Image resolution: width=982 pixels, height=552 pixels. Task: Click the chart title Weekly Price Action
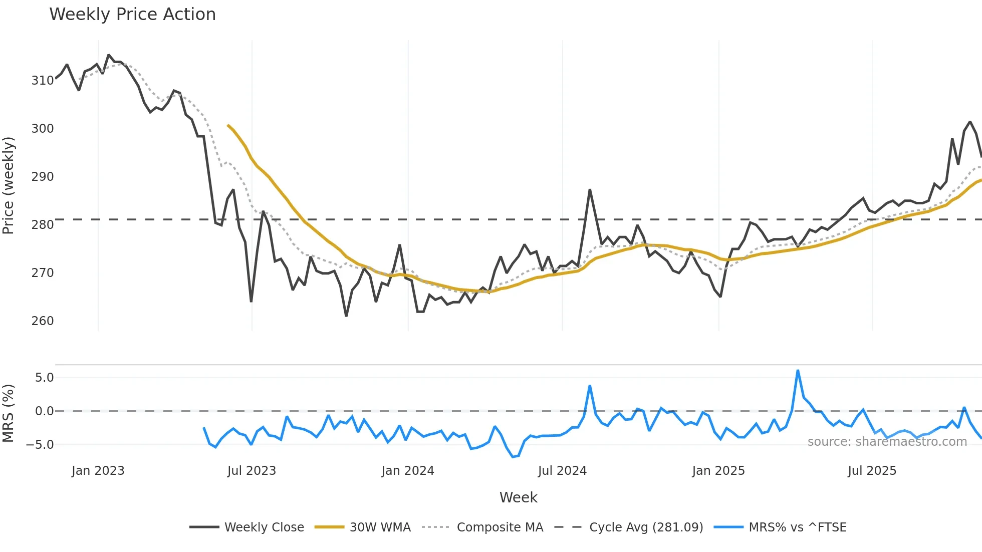coord(132,15)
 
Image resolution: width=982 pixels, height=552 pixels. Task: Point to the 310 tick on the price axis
coord(42,81)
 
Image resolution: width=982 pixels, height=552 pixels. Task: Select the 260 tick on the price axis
coord(42,321)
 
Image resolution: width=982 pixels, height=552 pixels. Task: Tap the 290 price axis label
coord(42,177)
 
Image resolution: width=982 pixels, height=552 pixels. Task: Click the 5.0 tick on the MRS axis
coord(44,378)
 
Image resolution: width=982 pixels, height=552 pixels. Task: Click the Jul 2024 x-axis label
coord(562,471)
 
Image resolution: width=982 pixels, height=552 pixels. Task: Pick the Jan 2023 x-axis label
coord(98,471)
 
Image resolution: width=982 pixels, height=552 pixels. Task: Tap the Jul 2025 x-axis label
coord(872,471)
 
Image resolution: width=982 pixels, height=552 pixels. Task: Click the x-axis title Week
coord(518,497)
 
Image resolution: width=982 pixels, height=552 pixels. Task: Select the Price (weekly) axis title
coord(9,185)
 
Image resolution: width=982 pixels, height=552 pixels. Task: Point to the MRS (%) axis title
coord(9,413)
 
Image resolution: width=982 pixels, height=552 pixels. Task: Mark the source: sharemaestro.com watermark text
coord(887,442)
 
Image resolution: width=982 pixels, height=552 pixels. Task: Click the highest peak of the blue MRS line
coord(798,371)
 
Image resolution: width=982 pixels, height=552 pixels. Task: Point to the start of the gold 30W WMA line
coord(228,125)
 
